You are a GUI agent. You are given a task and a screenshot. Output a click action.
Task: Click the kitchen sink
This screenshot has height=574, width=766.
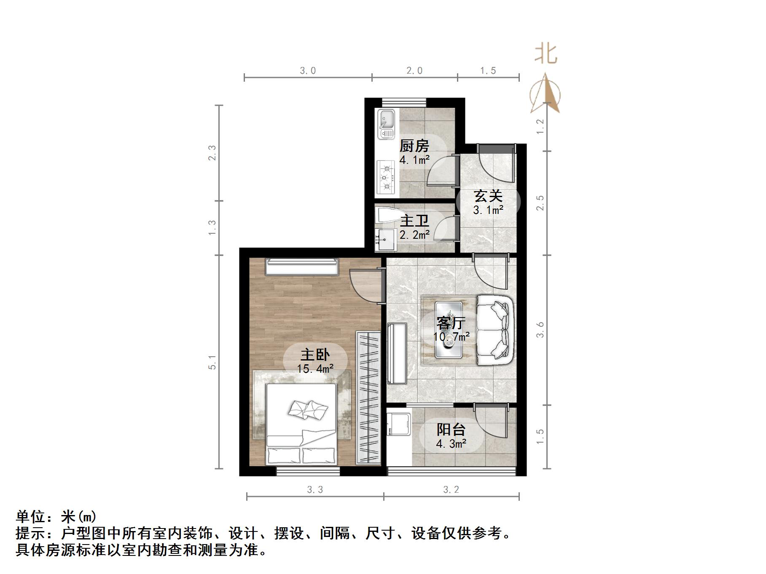386,124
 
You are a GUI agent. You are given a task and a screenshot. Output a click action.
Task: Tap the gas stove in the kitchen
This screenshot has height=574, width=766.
386,178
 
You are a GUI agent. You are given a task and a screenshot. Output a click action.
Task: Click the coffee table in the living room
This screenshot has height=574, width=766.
449,330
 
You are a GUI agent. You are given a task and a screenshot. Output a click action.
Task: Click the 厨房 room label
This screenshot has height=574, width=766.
414,146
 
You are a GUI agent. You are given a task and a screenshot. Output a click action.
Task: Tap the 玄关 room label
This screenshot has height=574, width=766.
488,196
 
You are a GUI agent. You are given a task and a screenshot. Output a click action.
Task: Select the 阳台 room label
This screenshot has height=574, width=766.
451,430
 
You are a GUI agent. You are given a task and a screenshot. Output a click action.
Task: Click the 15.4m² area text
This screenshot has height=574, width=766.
315,369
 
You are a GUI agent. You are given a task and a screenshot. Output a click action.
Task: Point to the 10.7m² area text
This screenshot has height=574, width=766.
452,337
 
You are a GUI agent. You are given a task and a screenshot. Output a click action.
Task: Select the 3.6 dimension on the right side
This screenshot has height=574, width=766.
540,330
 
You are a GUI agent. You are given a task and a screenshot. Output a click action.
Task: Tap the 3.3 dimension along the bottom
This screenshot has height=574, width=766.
315,490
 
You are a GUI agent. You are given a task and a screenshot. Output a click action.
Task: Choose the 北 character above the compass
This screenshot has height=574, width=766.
546,53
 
